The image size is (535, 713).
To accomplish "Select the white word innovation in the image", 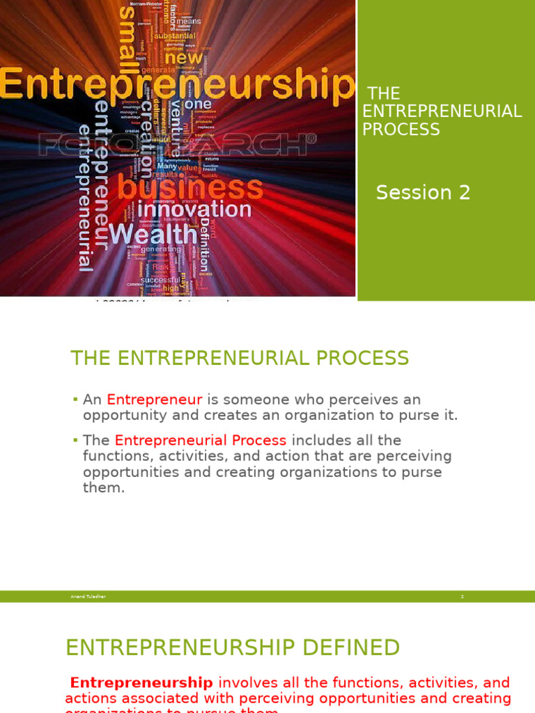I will (194, 209).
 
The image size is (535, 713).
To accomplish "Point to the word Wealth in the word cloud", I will (152, 233).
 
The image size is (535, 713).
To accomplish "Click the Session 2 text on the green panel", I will (423, 193).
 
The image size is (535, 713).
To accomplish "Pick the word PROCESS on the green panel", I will (401, 130).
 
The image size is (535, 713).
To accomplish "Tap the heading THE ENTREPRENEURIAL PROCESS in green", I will (240, 359).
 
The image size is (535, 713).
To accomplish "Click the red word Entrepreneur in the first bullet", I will (154, 400).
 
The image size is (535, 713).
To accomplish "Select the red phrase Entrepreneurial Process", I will (201, 441).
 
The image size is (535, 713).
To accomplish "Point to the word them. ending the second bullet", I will (104, 487).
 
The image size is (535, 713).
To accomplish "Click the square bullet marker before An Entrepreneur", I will (75, 400).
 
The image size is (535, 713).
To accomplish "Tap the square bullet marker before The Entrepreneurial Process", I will (75, 440).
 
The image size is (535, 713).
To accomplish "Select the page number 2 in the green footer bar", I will (462, 597).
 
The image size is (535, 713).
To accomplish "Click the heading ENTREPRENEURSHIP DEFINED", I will (233, 648).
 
